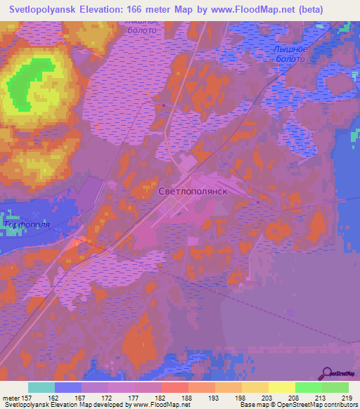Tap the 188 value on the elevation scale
click(186, 397)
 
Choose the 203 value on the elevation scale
click(265, 397)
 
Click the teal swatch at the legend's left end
click(41, 387)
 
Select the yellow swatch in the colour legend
click(281, 387)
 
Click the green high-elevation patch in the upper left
click(32, 84)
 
